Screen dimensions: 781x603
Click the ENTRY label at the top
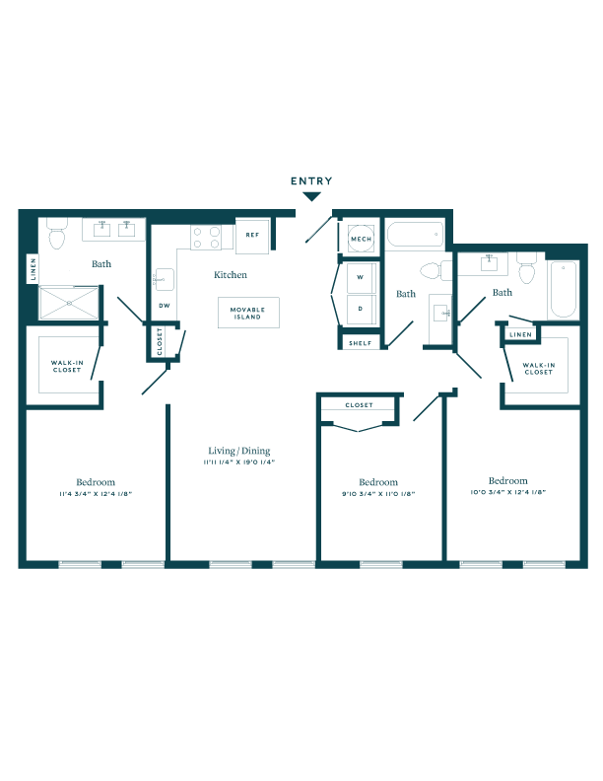311,181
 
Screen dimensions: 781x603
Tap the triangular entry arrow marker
311,196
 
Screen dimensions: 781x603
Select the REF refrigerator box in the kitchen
252,235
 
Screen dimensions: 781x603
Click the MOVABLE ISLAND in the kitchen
248,313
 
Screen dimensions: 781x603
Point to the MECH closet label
360,238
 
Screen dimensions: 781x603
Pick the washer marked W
361,278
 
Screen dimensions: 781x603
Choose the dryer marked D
361,310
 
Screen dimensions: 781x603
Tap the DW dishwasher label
164,305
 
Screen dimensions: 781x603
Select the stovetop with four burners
207,238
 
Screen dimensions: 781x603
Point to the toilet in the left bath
57,237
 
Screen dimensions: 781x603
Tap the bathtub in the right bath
563,288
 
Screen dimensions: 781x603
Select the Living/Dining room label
237,450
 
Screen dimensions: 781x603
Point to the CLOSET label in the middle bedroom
359,405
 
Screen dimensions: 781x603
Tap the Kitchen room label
231,275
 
